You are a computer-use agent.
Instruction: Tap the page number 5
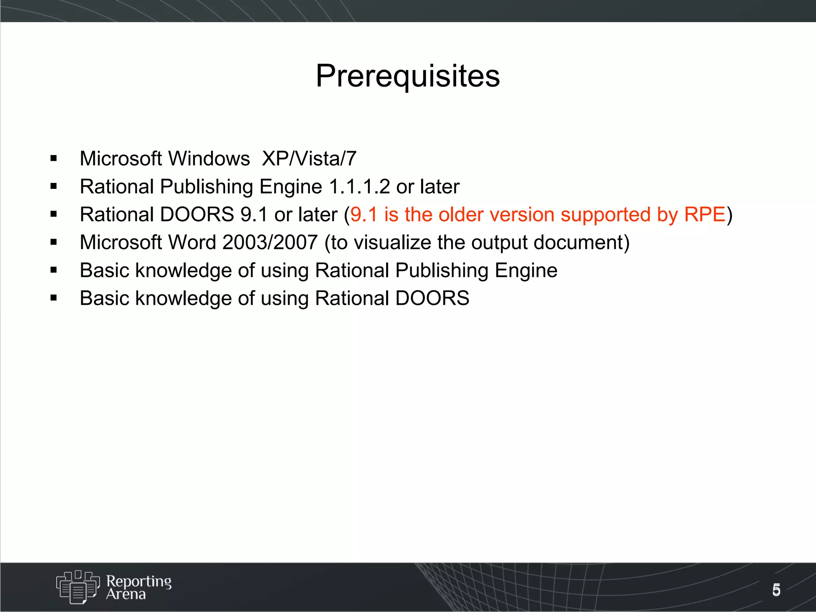pos(776,590)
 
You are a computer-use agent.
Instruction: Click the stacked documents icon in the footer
pos(78,586)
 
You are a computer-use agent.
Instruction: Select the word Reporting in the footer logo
pos(139,581)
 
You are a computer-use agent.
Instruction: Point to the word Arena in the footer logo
pos(126,594)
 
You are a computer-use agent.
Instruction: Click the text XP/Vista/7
pos(309,159)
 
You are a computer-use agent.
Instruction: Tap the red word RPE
pos(704,214)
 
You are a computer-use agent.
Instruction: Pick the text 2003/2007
pos(270,242)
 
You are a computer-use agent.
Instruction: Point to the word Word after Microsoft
pos(192,242)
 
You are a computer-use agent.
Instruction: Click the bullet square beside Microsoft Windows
pos(54,159)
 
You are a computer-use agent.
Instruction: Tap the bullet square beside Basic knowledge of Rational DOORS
pos(54,298)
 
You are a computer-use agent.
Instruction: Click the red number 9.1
pos(363,214)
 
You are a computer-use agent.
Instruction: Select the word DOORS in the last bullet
pos(432,298)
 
